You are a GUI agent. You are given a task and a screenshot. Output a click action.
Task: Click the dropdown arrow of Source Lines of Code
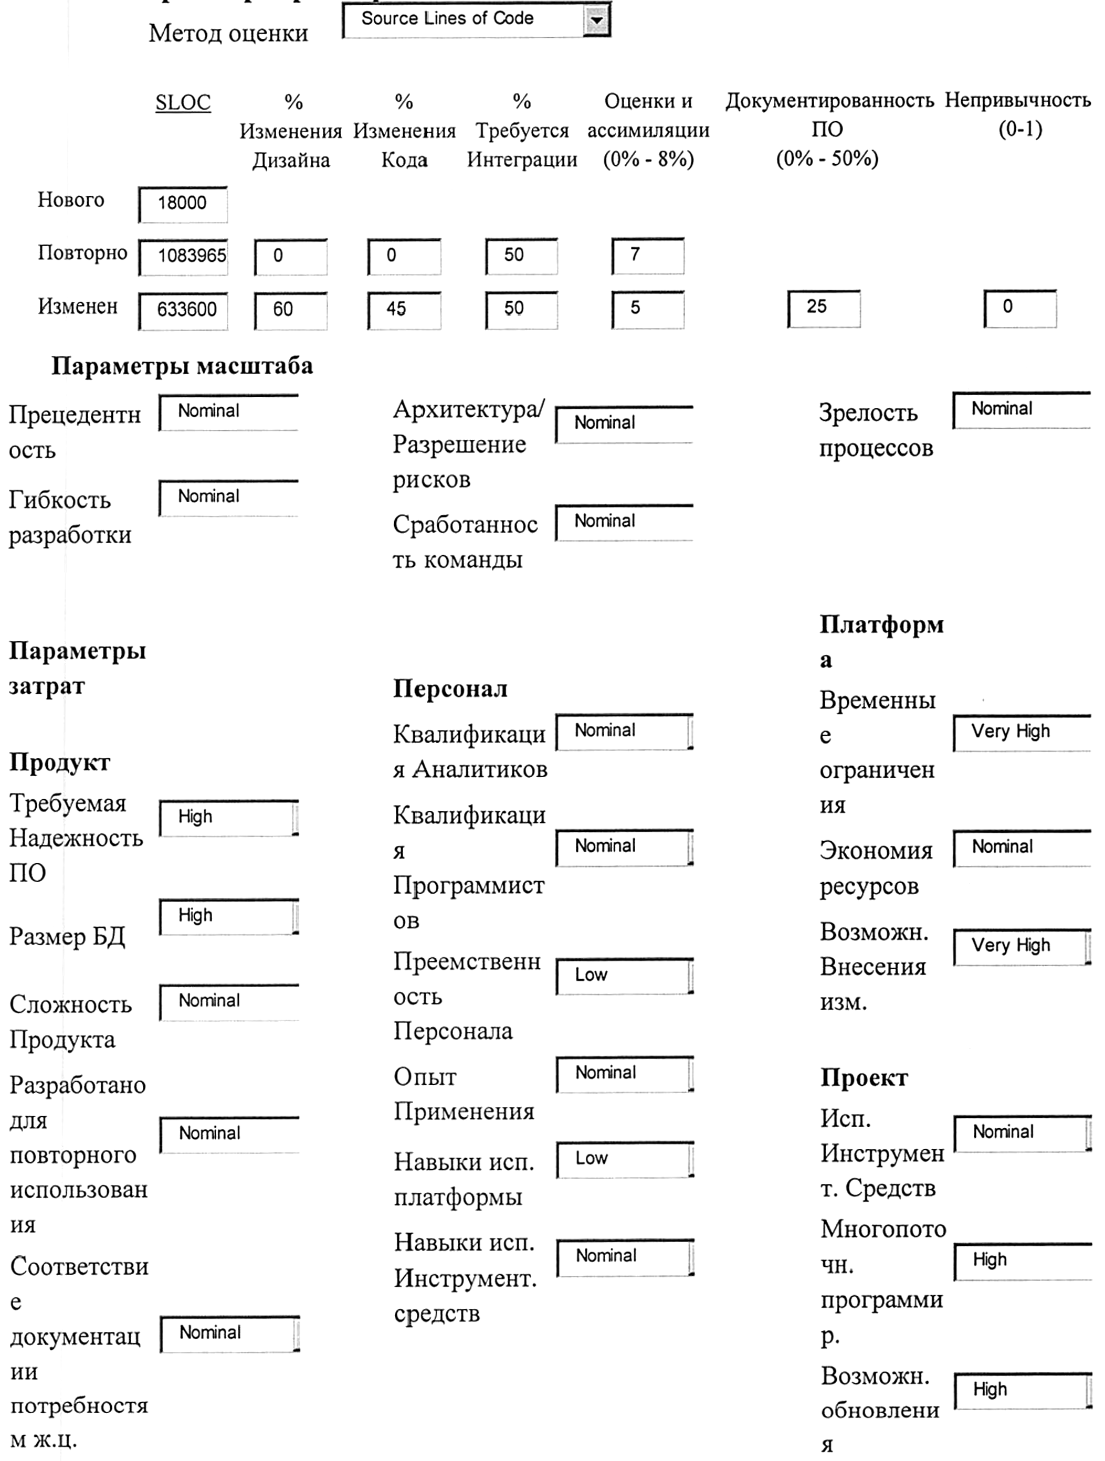click(596, 20)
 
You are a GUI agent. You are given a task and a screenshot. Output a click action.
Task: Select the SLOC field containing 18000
click(183, 204)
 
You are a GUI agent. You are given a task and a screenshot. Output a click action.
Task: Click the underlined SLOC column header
click(183, 103)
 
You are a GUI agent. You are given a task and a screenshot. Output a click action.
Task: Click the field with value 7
click(648, 256)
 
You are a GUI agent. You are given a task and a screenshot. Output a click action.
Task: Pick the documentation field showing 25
click(824, 308)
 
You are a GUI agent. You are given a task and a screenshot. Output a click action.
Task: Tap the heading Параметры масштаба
click(182, 366)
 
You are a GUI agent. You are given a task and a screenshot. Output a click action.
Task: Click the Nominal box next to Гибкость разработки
click(228, 498)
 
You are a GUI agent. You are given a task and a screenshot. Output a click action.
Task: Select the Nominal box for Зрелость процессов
click(1022, 410)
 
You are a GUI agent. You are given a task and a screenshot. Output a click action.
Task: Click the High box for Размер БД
click(228, 916)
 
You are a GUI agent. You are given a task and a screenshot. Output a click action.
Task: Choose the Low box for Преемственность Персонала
click(624, 976)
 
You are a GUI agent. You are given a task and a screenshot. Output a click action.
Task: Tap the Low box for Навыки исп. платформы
click(624, 1159)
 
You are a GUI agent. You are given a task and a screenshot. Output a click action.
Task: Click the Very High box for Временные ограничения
click(1022, 733)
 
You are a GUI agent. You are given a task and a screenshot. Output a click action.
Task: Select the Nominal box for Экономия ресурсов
click(1022, 848)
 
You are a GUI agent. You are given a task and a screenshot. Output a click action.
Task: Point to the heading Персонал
click(450, 689)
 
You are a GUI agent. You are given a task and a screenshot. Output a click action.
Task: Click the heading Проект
click(864, 1078)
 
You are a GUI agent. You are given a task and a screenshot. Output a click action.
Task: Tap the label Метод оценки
click(228, 34)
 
